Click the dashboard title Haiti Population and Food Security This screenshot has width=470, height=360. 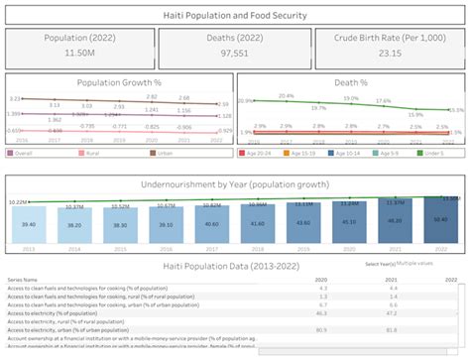click(x=234, y=15)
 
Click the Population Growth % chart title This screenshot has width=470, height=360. click(x=119, y=84)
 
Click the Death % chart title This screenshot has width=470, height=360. click(x=352, y=84)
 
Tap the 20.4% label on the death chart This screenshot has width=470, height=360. click(x=286, y=96)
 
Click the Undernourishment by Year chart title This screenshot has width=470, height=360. click(x=234, y=184)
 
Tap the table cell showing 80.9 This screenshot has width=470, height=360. click(x=321, y=329)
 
